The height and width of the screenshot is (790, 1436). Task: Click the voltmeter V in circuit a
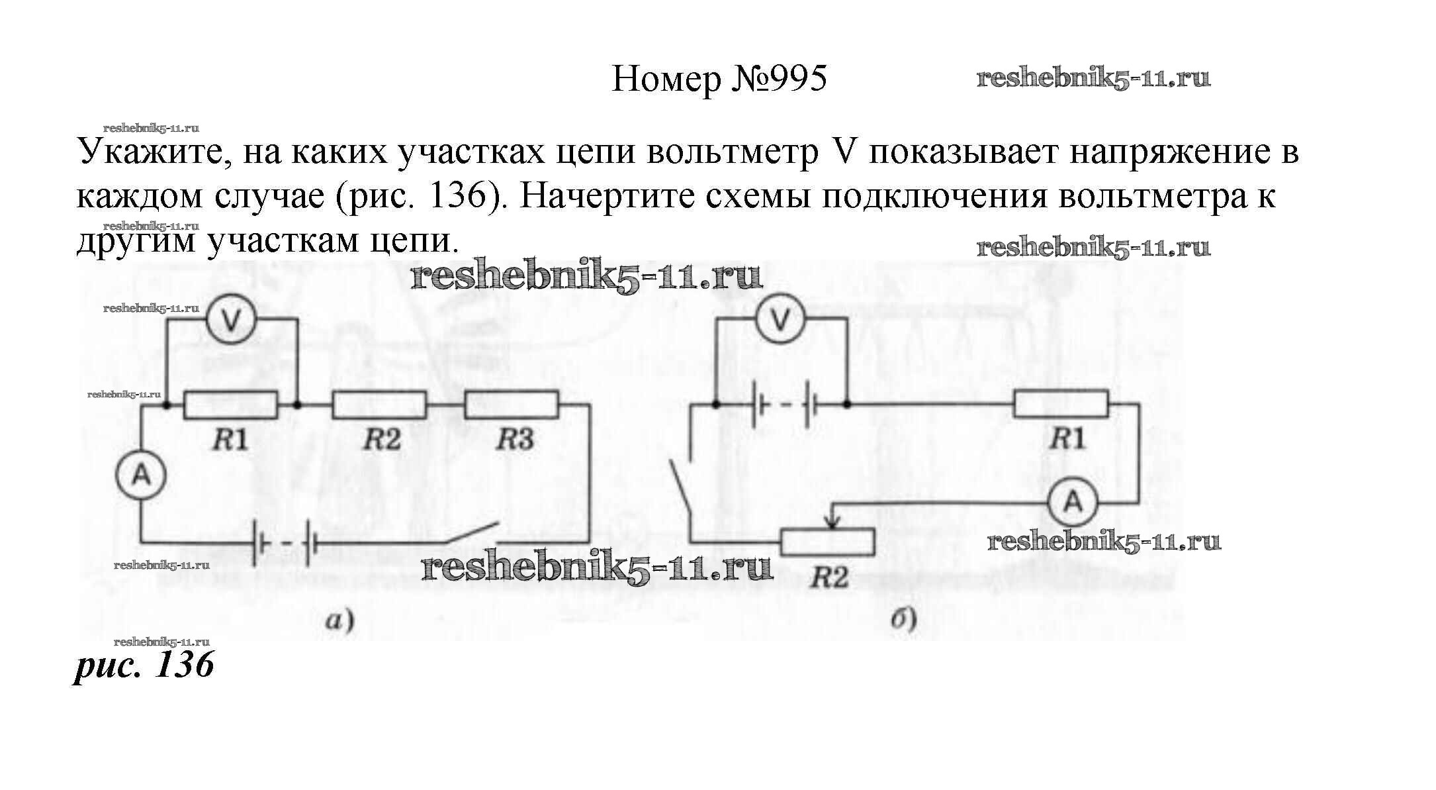pyautogui.click(x=230, y=321)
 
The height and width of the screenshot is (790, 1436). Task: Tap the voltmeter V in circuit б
pyautogui.click(x=781, y=321)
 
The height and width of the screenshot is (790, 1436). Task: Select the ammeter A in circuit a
pyautogui.click(x=141, y=475)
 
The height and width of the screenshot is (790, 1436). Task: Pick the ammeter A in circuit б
pyautogui.click(x=1073, y=503)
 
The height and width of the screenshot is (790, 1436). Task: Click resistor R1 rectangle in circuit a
pyautogui.click(x=230, y=405)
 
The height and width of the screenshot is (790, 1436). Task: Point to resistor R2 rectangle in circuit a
pyautogui.click(x=379, y=405)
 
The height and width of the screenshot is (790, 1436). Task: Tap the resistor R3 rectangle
pyautogui.click(x=512, y=405)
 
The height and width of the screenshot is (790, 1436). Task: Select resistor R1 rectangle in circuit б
pyautogui.click(x=1061, y=404)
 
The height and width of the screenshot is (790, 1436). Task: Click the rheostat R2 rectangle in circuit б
pyautogui.click(x=827, y=541)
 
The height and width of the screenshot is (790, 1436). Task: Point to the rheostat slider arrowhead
pyautogui.click(x=834, y=523)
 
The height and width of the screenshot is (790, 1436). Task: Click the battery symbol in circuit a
pyautogui.click(x=285, y=544)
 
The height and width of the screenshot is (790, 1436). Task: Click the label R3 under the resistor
pyautogui.click(x=515, y=440)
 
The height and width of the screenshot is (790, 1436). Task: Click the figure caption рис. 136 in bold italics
pyautogui.click(x=144, y=664)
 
